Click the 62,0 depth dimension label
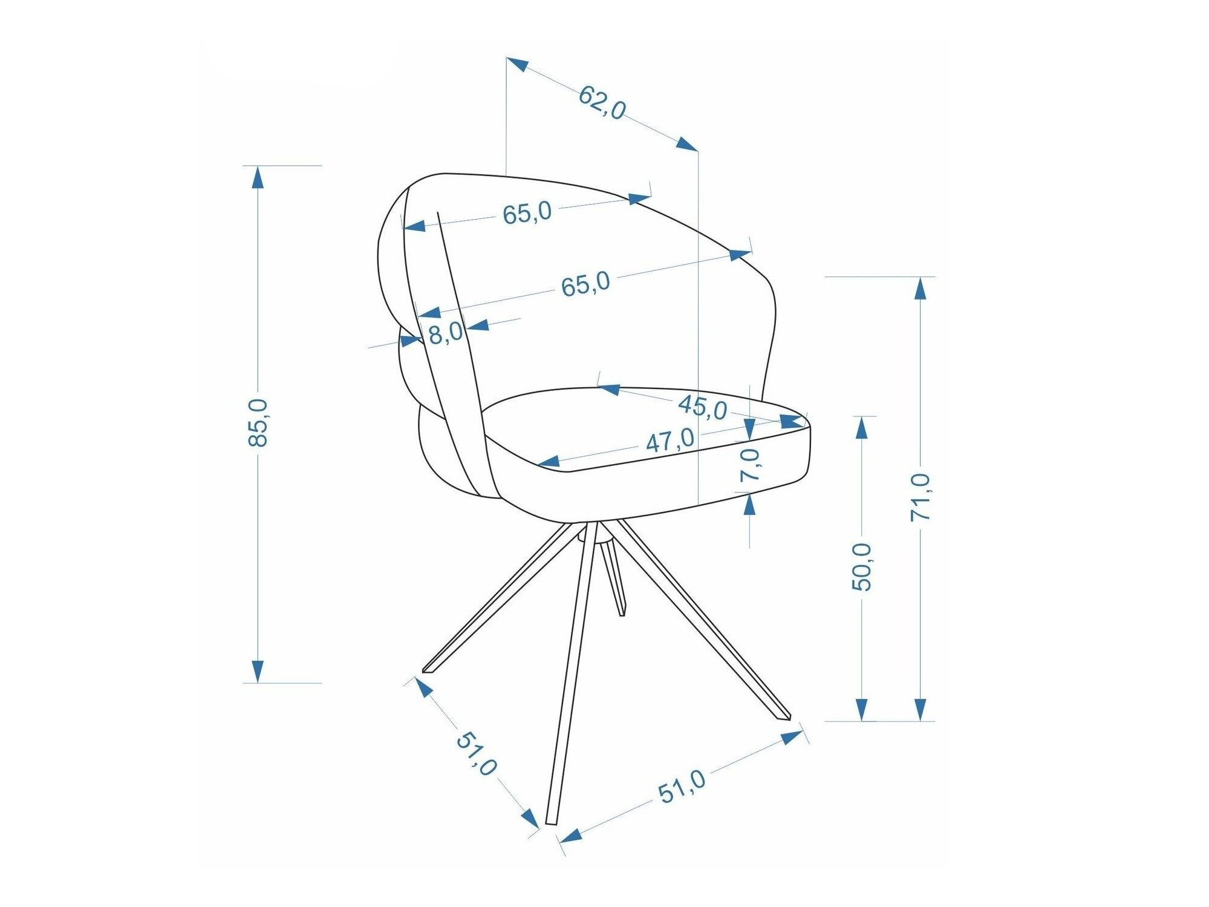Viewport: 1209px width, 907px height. pos(602,103)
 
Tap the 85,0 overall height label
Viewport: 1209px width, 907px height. pos(258,423)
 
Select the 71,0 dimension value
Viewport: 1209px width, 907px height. pos(921,497)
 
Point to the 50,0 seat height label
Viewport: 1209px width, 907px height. pos(862,566)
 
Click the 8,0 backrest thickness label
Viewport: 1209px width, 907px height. pos(446,333)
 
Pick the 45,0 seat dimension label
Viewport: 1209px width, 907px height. pos(703,407)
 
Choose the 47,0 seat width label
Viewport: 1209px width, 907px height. pos(670,440)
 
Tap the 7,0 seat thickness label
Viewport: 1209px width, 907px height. pos(750,465)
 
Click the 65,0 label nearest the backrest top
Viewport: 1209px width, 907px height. pos(527,212)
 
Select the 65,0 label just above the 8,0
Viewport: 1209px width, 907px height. pos(585,284)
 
